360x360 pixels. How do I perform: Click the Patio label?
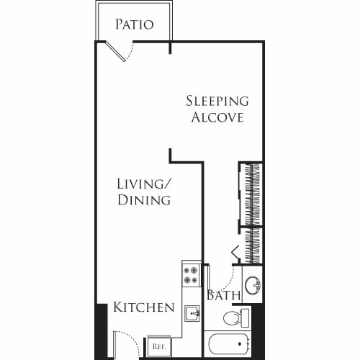(x=135, y=24)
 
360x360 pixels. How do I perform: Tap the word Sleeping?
(x=217, y=101)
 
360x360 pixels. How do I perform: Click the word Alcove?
(x=217, y=117)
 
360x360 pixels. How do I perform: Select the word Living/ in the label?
(x=144, y=184)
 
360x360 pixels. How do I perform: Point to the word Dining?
(x=144, y=200)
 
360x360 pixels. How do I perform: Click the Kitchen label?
(x=144, y=307)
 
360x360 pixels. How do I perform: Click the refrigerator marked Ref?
(x=159, y=346)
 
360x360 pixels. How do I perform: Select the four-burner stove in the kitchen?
(x=191, y=275)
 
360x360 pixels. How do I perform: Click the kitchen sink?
(x=191, y=314)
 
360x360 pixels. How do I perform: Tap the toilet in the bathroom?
(x=235, y=318)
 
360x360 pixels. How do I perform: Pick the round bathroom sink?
(x=253, y=286)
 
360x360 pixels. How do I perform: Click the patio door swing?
(x=120, y=50)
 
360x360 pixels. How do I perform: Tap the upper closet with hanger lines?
(x=251, y=194)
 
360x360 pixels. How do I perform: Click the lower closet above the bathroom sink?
(x=253, y=246)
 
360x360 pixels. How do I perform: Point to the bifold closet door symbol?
(x=235, y=252)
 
